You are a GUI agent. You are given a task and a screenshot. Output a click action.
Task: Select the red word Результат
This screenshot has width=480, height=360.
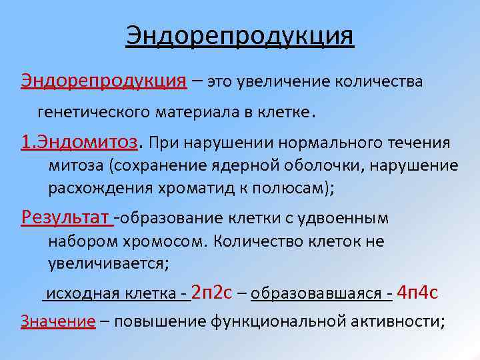point(65,217)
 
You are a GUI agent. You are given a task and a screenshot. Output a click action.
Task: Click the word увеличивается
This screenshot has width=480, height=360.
point(109,263)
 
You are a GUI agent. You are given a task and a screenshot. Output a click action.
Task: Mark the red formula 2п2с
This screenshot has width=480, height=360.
point(211,292)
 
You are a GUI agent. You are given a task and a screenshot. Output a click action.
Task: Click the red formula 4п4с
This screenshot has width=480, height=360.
point(417,292)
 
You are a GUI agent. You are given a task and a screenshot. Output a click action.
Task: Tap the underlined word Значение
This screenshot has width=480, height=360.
point(58,321)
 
